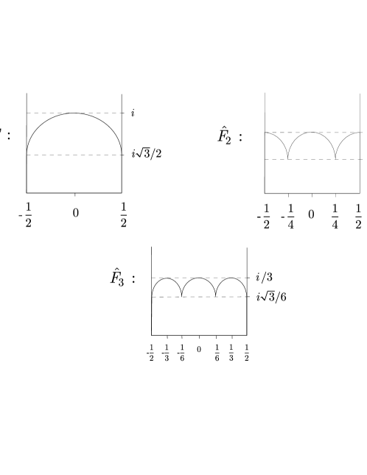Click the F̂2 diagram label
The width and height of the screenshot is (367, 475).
[x=225, y=136]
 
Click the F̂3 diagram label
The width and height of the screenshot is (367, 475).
[x=117, y=277]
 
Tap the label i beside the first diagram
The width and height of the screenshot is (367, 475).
[x=133, y=113]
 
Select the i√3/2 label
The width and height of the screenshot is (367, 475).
[x=147, y=154]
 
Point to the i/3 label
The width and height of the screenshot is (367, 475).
[x=265, y=277]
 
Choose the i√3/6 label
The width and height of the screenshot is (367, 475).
[x=271, y=298]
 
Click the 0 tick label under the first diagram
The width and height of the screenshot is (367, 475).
[x=76, y=214]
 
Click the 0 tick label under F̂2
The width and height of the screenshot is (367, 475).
[x=311, y=214]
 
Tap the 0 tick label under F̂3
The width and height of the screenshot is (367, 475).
[x=199, y=350]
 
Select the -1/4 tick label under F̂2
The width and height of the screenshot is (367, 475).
[x=287, y=217]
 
